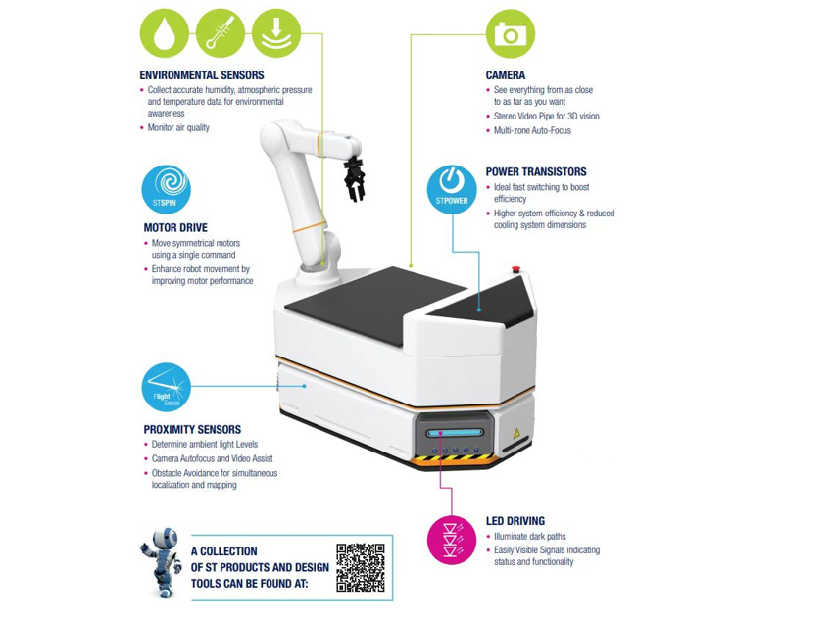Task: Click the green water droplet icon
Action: (165, 33)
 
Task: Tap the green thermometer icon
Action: (221, 33)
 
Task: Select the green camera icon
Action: (510, 33)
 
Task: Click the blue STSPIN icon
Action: (166, 189)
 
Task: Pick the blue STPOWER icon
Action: (452, 189)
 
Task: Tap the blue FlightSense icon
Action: (166, 387)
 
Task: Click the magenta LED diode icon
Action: (452, 540)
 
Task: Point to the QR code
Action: (360, 567)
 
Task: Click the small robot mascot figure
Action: (162, 562)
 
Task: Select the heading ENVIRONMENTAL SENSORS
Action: (202, 75)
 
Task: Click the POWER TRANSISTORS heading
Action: (536, 171)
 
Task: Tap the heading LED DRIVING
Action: (515, 521)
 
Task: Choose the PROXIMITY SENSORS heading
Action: (192, 429)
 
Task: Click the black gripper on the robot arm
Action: (354, 179)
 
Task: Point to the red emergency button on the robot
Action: (515, 269)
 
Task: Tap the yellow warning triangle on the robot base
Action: (515, 433)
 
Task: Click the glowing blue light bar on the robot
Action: (454, 433)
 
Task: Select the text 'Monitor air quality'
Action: (178, 127)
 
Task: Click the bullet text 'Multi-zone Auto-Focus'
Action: (532, 130)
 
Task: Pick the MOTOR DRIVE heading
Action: (175, 228)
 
